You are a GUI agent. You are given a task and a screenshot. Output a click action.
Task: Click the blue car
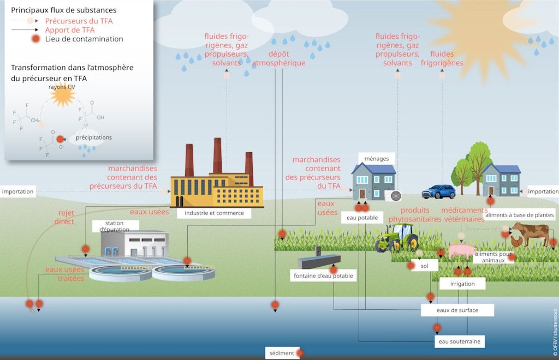pyautogui.click(x=438, y=192)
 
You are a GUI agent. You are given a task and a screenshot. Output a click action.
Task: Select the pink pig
pyautogui.click(x=461, y=251)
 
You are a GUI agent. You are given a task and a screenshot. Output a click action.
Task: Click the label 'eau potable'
pyautogui.click(x=362, y=218)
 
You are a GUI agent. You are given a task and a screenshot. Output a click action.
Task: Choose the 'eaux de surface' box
pyautogui.click(x=457, y=310)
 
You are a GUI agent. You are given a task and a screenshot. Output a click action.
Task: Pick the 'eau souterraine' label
pyautogui.click(x=460, y=341)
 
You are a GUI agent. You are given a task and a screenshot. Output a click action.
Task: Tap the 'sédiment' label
pyautogui.click(x=282, y=353)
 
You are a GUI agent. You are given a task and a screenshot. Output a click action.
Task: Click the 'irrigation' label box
pyautogui.click(x=462, y=284)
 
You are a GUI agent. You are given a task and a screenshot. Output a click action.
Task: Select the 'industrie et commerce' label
pyautogui.click(x=214, y=213)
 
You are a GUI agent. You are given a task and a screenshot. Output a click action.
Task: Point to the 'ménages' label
pyautogui.click(x=377, y=159)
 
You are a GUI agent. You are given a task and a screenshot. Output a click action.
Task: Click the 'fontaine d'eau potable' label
pyautogui.click(x=322, y=276)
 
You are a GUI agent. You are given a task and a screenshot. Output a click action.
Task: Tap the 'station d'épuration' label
pyautogui.click(x=114, y=226)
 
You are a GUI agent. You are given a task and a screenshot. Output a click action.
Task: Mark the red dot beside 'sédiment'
pyautogui.click(x=300, y=353)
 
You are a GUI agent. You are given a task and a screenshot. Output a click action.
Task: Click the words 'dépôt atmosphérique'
pyautogui.click(x=278, y=58)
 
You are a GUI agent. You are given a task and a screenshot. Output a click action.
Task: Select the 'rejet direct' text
pyautogui.click(x=64, y=217)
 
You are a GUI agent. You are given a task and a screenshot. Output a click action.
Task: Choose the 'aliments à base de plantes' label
pyautogui.click(x=519, y=215)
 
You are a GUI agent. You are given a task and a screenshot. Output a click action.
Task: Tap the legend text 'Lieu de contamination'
pyautogui.click(x=84, y=39)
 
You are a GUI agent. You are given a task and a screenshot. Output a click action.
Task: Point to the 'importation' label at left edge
pyautogui.click(x=17, y=191)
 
